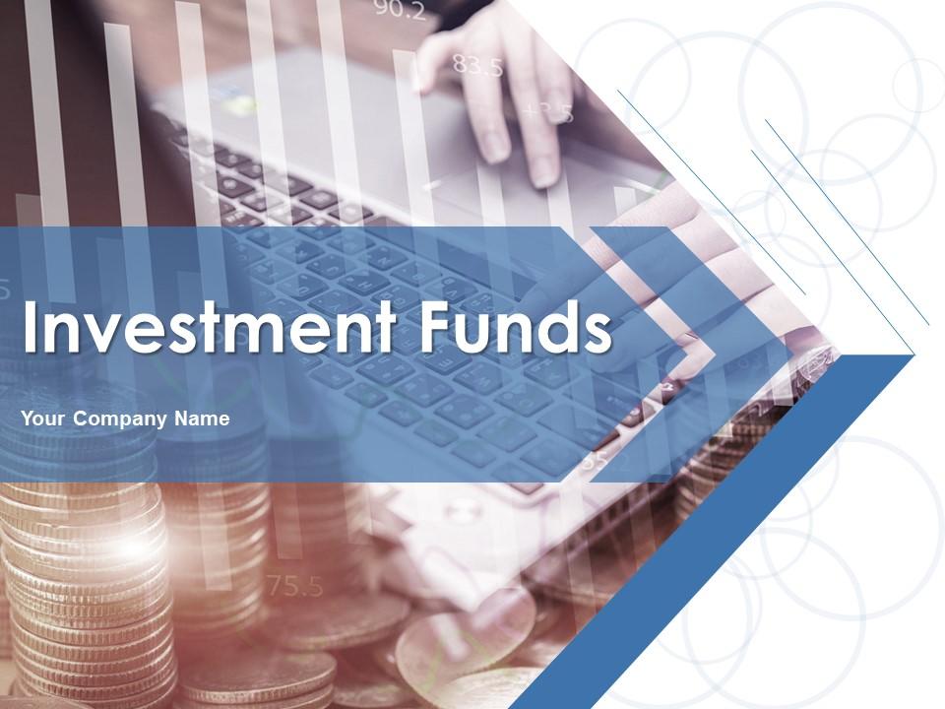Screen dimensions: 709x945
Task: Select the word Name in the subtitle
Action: tap(202, 419)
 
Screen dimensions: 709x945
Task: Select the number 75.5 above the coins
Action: tap(295, 588)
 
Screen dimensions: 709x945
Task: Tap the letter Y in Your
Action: tap(28, 419)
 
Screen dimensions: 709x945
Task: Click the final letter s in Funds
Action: tap(598, 333)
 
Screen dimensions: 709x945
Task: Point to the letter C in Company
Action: tap(81, 419)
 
